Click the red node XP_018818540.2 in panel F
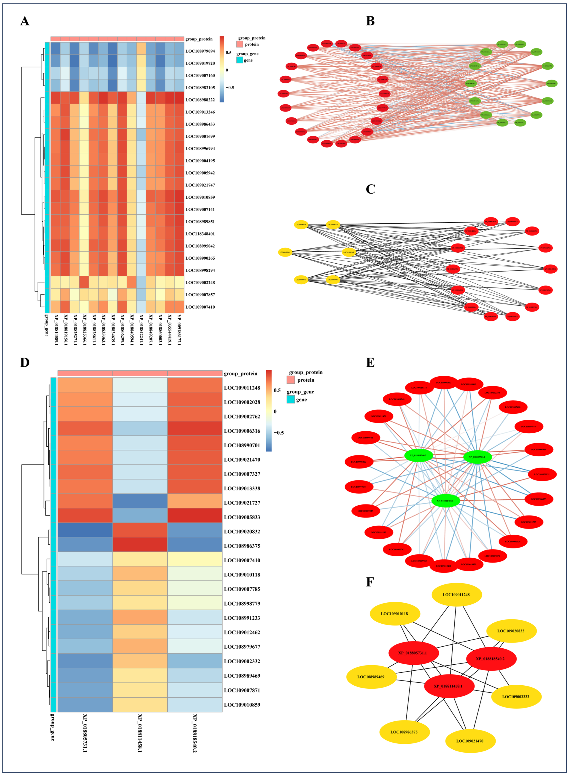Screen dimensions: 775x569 point(491,659)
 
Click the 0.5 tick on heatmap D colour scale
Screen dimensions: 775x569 point(277,390)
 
